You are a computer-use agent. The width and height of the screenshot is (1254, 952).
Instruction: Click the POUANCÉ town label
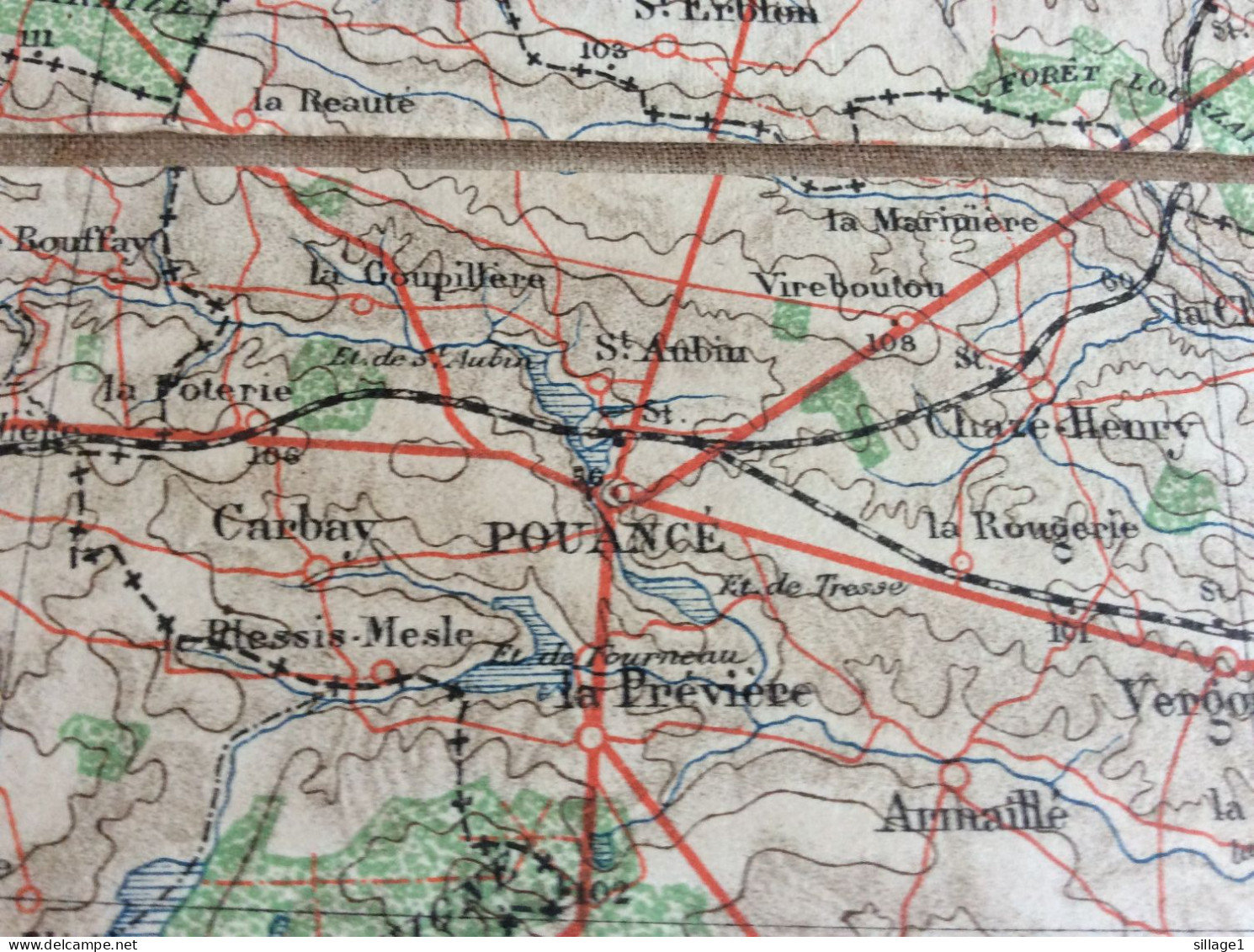pyautogui.click(x=604, y=538)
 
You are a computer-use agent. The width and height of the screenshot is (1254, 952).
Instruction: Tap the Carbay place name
pyautogui.click(x=293, y=524)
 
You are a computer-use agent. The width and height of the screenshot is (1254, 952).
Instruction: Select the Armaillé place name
pyautogui.click(x=972, y=814)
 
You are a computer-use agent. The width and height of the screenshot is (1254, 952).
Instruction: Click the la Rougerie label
pyautogui.click(x=1033, y=529)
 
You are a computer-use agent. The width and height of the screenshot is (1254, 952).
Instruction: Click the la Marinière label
pyautogui.click(x=932, y=221)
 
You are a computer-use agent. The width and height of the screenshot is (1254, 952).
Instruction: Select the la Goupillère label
pyautogui.click(x=427, y=274)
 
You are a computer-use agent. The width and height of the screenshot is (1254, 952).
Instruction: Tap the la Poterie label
pyautogui.click(x=199, y=391)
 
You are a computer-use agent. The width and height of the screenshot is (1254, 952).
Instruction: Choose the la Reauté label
pyautogui.click(x=334, y=103)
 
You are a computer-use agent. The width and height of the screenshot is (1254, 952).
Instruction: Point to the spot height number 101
pyautogui.click(x=1069, y=634)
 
